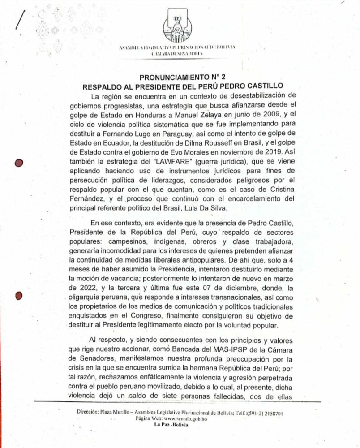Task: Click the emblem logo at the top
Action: (179, 25)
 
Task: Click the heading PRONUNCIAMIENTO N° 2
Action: (179, 77)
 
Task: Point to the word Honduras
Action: (161, 115)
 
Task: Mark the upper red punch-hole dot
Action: (19, 163)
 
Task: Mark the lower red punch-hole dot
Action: (19, 295)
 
